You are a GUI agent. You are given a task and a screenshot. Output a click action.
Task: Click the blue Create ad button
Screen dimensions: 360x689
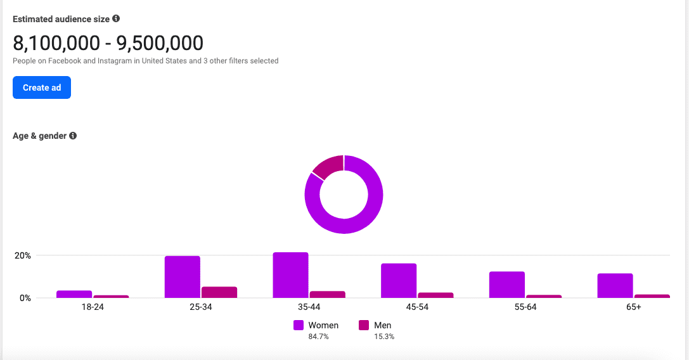click(x=42, y=87)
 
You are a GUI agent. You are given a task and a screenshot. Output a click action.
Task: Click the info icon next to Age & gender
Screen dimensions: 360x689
click(x=73, y=136)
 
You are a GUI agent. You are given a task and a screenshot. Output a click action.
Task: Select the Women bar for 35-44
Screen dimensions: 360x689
click(x=290, y=275)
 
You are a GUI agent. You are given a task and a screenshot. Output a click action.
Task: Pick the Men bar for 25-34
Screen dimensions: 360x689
click(x=219, y=292)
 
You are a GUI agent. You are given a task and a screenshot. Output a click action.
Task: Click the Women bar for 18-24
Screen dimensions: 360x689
click(x=74, y=294)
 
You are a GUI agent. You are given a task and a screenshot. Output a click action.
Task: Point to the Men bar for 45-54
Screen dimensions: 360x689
click(x=435, y=295)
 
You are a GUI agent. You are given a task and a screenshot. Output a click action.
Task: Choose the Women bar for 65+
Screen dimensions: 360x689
click(x=615, y=285)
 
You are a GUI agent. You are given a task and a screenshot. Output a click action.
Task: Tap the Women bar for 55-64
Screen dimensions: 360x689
click(x=506, y=285)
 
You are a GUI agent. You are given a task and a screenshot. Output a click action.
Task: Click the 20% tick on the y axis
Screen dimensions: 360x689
click(x=23, y=255)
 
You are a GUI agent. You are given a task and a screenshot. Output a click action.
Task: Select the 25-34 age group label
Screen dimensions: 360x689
click(x=200, y=307)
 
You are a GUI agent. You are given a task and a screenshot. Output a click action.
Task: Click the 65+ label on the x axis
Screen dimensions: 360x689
click(x=633, y=307)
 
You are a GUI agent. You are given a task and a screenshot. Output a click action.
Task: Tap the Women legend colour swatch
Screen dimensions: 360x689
click(x=299, y=325)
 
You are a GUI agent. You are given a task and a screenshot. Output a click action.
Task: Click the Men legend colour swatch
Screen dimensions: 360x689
click(x=364, y=325)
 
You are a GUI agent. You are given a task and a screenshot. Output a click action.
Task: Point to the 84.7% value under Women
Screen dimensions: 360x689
click(x=318, y=337)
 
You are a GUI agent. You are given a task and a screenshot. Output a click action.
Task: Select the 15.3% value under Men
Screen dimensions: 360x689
click(x=384, y=337)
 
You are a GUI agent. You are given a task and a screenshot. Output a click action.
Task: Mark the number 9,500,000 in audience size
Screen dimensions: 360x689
click(x=160, y=43)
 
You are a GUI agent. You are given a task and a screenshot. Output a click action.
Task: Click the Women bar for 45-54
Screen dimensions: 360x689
click(x=399, y=280)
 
